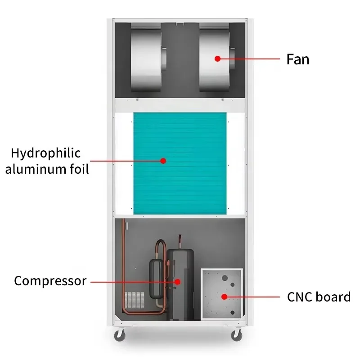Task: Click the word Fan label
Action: pos(298,59)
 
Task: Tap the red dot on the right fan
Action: pos(217,58)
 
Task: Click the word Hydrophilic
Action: pos(45,153)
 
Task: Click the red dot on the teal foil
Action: pos(163,161)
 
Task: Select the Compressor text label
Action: pos(50,281)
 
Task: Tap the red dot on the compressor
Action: pos(178,282)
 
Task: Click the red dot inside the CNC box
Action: pos(224,296)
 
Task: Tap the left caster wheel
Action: pos(120,335)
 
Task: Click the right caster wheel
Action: pos(237,335)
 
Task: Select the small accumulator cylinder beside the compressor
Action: pos(157,279)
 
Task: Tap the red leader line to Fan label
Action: pos(252,58)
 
